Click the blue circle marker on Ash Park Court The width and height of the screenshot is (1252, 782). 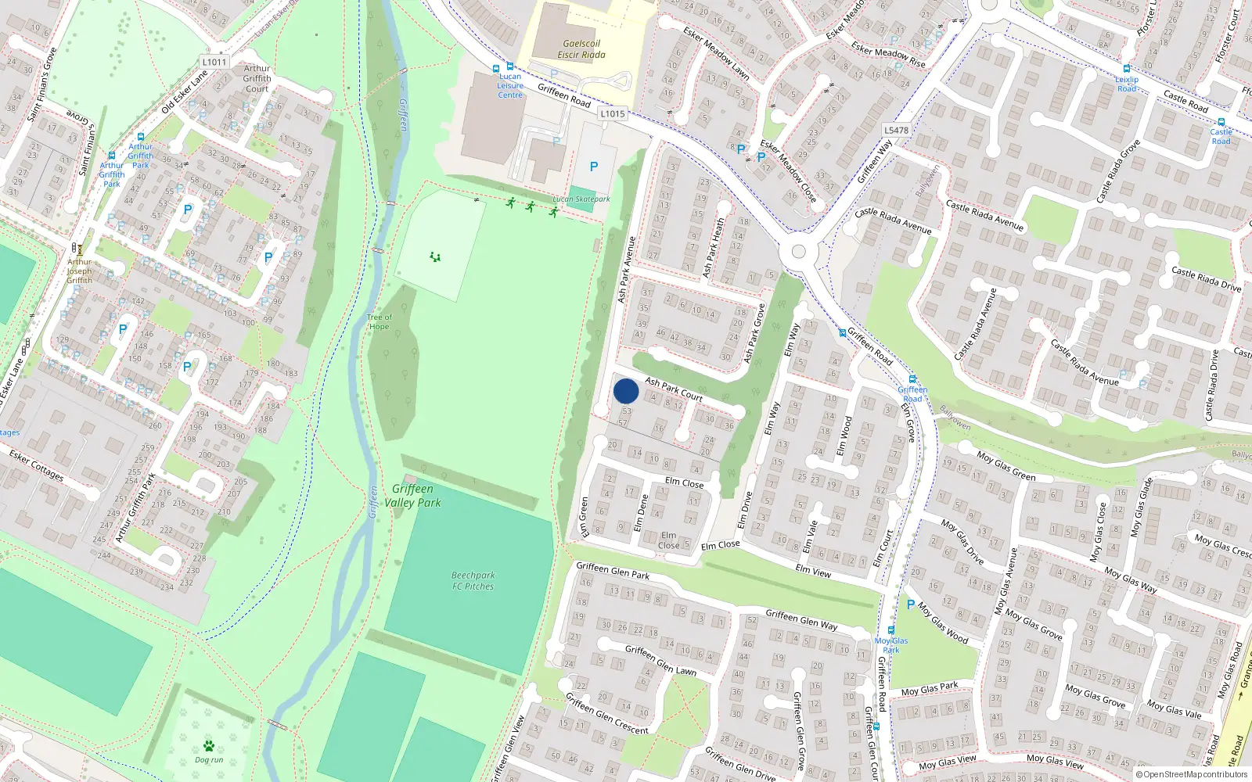(x=626, y=391)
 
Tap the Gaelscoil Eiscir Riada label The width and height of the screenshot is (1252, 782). (x=581, y=49)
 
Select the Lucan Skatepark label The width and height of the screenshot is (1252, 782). (x=581, y=199)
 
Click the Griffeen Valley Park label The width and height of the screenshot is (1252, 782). (x=412, y=496)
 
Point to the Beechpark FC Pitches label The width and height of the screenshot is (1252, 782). (x=473, y=580)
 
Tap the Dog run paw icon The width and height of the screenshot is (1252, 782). (x=209, y=746)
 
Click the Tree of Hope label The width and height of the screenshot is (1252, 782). (x=380, y=321)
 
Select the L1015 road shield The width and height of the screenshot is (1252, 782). (x=613, y=113)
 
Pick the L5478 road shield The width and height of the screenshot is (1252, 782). (x=896, y=131)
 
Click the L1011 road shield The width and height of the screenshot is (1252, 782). (x=214, y=62)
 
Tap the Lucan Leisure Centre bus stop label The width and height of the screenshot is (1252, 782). (x=510, y=86)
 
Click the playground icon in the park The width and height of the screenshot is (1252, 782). (x=435, y=256)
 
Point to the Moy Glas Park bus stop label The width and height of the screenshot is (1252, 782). (x=891, y=645)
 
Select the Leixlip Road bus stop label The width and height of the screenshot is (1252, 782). (x=1127, y=84)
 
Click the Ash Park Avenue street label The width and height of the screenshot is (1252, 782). (x=626, y=270)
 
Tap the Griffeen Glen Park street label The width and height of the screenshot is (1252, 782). (x=613, y=570)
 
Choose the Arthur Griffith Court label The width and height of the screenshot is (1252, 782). (x=257, y=78)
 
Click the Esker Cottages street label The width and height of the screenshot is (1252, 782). (x=36, y=465)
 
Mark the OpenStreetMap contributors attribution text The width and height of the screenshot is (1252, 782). (x=1192, y=775)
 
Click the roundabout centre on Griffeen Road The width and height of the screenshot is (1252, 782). (x=798, y=252)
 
